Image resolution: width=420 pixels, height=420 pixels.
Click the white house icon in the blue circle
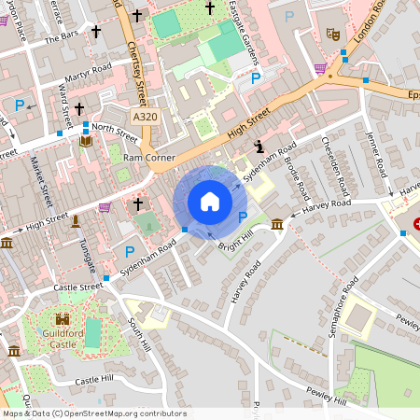[209, 201]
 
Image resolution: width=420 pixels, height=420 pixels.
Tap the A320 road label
[145, 117]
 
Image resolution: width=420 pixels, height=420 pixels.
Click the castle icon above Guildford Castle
[63, 318]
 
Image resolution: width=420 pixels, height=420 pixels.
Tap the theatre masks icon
[331, 34]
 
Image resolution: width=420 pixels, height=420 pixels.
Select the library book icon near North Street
[86, 141]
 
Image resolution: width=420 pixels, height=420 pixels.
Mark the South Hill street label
[137, 334]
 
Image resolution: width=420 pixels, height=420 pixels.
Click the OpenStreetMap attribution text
[93, 413]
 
